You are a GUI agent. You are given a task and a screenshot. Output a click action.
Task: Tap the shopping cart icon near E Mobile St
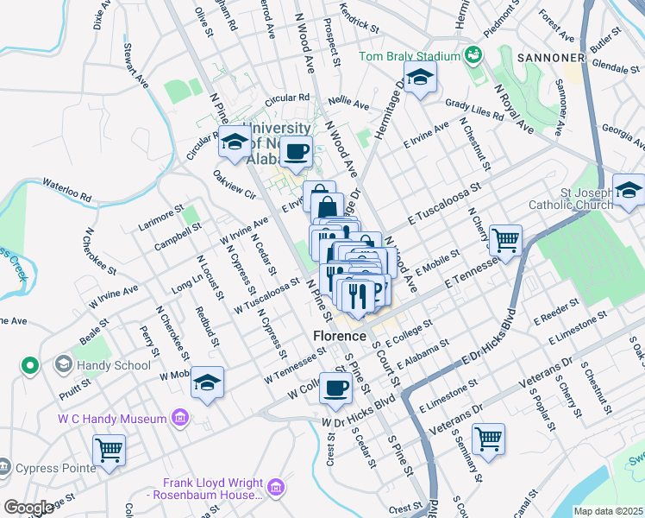coord(505,240)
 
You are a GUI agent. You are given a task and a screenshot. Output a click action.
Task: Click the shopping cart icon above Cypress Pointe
coord(110,450)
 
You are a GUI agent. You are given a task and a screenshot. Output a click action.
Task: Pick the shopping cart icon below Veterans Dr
coord(488,438)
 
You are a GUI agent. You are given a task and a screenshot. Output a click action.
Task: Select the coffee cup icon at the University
coord(297,152)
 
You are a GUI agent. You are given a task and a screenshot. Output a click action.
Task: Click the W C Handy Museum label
coord(114,420)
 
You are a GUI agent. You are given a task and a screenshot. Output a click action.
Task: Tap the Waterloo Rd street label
coord(66,191)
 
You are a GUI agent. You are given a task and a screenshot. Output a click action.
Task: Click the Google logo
coord(28,508)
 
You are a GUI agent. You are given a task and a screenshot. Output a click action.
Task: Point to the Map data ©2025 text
coord(607,511)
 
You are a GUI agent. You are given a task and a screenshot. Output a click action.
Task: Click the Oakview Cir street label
coord(235,184)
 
